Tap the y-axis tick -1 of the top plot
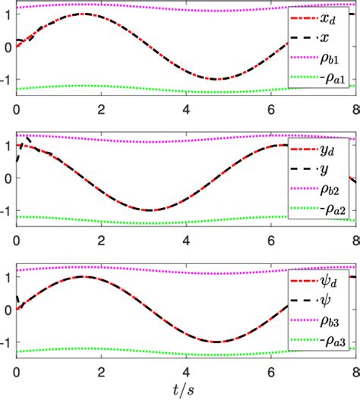click(7, 79)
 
